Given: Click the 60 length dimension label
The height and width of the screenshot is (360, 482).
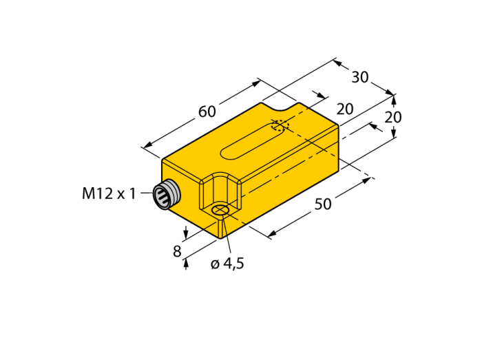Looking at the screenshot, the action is coord(207,112).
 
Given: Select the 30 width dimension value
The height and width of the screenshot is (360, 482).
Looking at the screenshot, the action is coord(360,77).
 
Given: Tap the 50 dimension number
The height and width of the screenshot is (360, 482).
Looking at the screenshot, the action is coord(323,204).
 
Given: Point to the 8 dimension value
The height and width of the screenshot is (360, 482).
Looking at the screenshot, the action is coord(177,251).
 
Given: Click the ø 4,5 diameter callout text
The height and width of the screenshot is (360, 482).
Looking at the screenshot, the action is coord(227,264).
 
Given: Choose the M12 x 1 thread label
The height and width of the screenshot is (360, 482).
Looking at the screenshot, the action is coord(109,194).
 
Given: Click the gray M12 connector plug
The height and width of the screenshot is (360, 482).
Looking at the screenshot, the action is coord(167,195).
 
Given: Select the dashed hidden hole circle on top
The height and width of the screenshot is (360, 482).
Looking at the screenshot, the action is coord(280,126).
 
